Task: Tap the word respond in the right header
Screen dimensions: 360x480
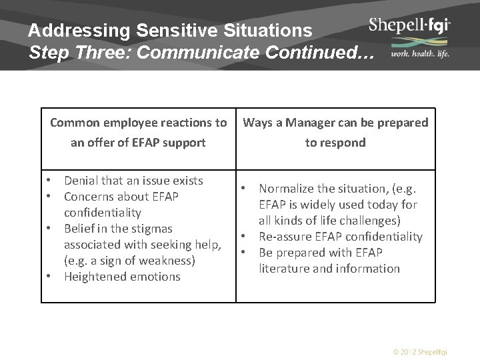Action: point(343,142)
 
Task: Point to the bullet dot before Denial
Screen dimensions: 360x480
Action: point(50,181)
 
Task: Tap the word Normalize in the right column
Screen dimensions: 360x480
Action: point(288,189)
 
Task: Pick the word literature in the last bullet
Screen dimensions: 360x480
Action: point(288,269)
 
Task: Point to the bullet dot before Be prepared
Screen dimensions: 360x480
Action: point(245,253)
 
